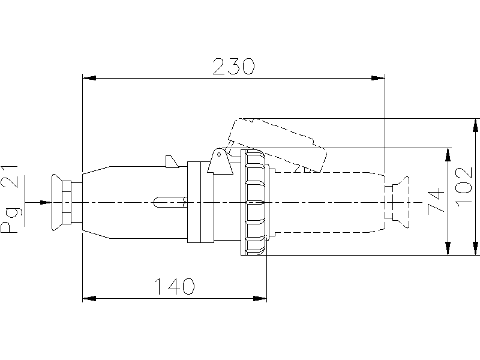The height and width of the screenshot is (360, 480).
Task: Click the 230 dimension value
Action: (x=233, y=67)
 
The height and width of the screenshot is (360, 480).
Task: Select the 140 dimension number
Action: (x=175, y=287)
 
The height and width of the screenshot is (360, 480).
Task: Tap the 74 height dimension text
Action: (x=436, y=200)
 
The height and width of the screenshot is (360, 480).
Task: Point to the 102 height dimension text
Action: (x=464, y=187)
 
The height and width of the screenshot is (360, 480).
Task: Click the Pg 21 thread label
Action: (x=9, y=200)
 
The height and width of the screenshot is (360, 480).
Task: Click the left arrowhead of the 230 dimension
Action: (x=89, y=78)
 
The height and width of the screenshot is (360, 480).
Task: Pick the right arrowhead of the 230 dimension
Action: (x=378, y=78)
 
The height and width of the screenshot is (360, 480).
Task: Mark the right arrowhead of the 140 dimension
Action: (x=260, y=298)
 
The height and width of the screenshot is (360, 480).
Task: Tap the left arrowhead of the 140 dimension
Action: (x=89, y=298)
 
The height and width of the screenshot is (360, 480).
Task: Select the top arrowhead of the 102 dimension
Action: (x=475, y=125)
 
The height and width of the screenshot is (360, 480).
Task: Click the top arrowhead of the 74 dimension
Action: (x=448, y=155)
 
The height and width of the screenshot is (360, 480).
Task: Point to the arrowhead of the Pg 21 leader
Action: (x=46, y=203)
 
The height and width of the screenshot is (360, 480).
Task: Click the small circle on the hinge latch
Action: (x=219, y=155)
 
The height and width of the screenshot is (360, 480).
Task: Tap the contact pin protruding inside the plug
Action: (x=170, y=202)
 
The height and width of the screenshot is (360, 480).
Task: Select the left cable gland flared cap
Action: (x=57, y=202)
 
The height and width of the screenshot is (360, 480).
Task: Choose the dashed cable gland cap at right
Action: (x=401, y=202)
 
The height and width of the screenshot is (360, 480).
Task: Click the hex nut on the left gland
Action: (x=67, y=202)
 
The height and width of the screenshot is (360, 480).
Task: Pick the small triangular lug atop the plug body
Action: (x=172, y=161)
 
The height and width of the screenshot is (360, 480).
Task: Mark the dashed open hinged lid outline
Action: (x=277, y=144)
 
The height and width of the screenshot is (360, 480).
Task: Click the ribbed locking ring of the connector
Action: (x=253, y=202)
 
